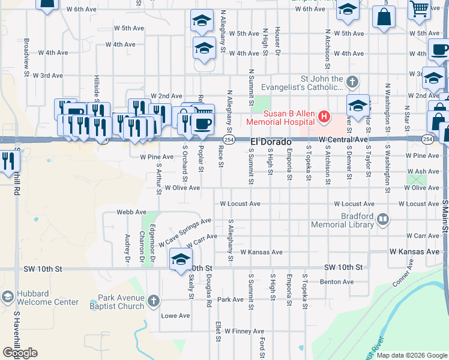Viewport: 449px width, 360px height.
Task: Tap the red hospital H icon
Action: tap(324, 115)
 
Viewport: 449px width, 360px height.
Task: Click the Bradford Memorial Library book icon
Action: tap(382, 220)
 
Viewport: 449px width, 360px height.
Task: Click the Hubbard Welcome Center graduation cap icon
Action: tap(7, 297)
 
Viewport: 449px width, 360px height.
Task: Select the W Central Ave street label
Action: tap(343, 139)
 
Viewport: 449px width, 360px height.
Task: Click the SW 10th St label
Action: tap(343, 267)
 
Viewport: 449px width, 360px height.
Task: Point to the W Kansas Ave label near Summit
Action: tap(261, 252)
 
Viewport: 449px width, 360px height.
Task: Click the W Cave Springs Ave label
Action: tap(185, 233)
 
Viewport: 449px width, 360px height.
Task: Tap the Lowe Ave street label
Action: tap(175, 316)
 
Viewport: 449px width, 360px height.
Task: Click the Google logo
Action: tap(20, 353)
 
